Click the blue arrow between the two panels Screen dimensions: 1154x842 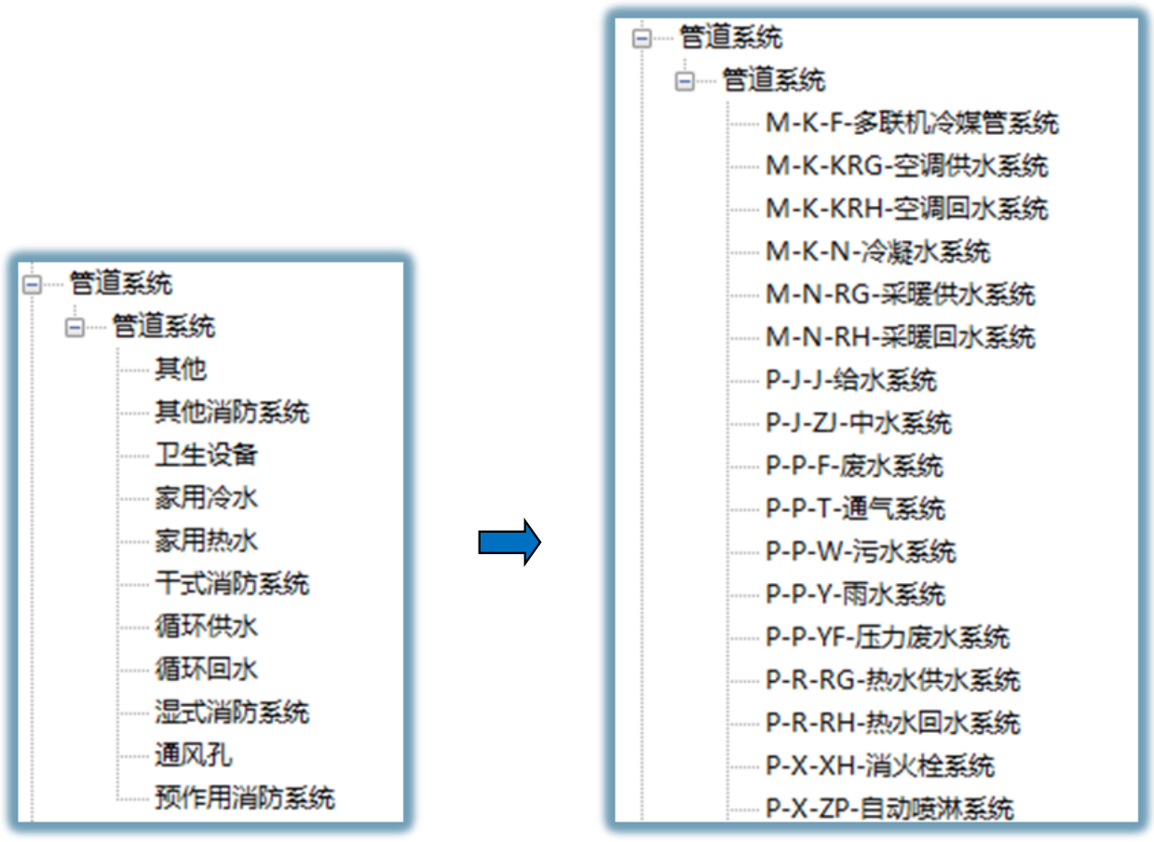pos(509,542)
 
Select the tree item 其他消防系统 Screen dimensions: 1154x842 pos(232,412)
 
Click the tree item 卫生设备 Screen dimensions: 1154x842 pos(207,455)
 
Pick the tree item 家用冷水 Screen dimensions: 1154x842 pos(207,497)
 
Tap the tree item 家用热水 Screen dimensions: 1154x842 pos(207,540)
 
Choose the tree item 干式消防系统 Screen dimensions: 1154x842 pos(232,583)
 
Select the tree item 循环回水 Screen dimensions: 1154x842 pos(207,669)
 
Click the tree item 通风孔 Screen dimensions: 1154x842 pos(194,755)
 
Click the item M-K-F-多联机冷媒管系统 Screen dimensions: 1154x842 pos(913,123)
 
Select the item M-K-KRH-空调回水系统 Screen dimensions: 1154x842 pos(907,209)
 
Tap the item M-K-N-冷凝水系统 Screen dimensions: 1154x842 pos(878,251)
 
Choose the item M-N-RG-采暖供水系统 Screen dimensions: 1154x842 pos(901,294)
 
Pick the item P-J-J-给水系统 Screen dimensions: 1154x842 pos(851,380)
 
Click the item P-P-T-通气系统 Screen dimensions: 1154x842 pos(856,509)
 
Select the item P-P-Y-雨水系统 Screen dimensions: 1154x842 pos(856,594)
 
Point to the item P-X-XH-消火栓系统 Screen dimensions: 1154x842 pos(880,766)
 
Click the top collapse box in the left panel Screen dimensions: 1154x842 pos(32,284)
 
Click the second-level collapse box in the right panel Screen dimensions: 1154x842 pos(685,81)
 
